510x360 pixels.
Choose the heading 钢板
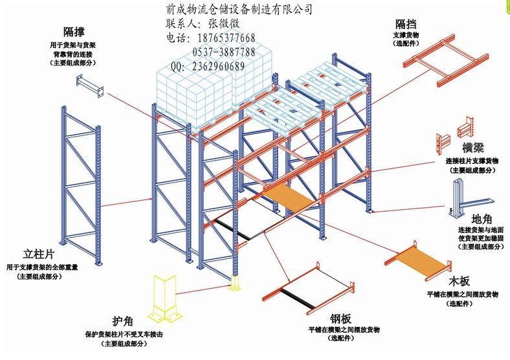341,318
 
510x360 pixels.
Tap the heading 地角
484,219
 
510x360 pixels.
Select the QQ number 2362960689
217,66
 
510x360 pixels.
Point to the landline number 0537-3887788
223,52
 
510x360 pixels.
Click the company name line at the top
239,9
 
